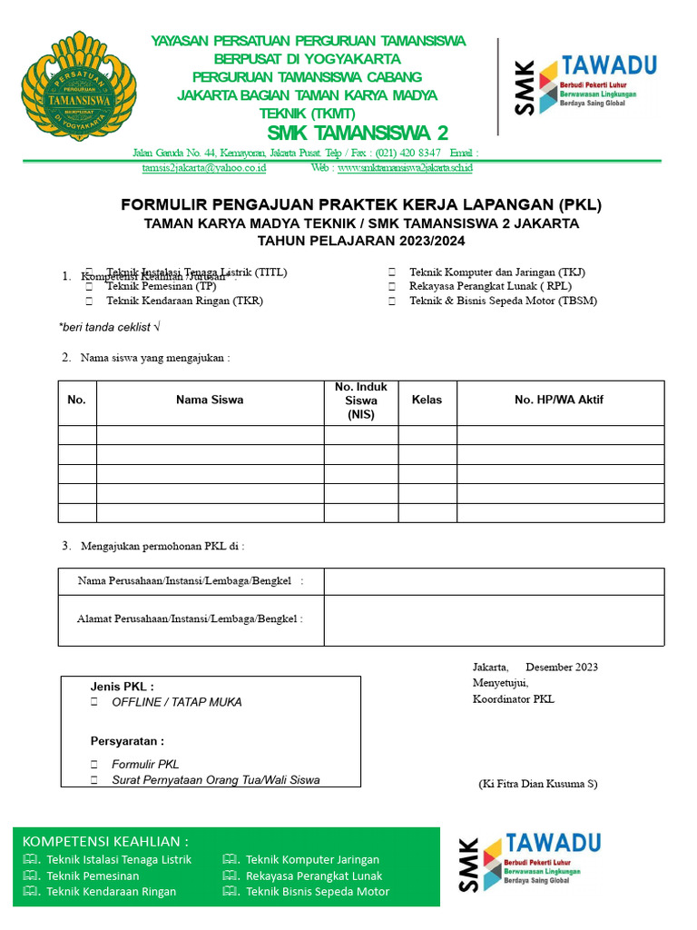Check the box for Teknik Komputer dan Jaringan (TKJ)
click(392, 272)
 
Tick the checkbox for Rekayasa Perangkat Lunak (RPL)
click(392, 286)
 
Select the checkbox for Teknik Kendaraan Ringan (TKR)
click(90, 301)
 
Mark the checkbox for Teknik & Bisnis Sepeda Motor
click(392, 301)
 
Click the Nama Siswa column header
click(210, 400)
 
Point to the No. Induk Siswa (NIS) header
click(360, 401)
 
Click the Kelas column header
click(427, 400)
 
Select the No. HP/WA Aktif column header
click(559, 400)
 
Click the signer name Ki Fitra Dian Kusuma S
click(538, 784)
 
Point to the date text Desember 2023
click(561, 668)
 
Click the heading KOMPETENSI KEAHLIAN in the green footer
click(105, 841)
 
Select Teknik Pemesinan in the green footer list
click(93, 876)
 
